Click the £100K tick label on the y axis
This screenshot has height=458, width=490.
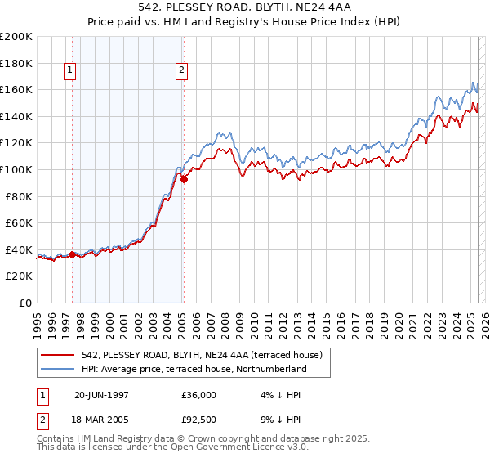tap(16, 169)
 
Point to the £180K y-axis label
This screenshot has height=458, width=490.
tap(16, 63)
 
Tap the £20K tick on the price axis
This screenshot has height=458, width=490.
tap(19, 276)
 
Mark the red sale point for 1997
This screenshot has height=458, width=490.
tap(72, 254)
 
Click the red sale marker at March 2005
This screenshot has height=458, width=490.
tap(184, 179)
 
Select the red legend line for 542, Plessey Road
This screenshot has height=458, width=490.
tap(58, 355)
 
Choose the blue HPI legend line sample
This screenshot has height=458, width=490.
tap(58, 369)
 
